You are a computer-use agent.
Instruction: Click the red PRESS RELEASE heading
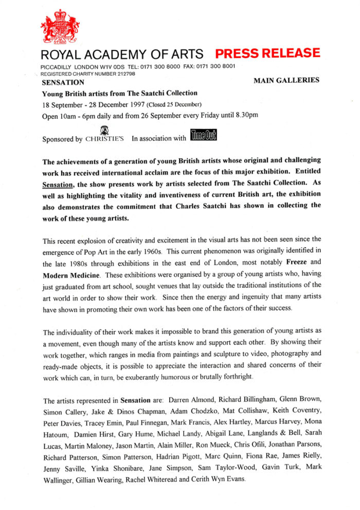point(267,53)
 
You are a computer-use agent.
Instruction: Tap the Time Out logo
point(204,136)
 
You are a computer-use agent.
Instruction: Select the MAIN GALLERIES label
point(286,80)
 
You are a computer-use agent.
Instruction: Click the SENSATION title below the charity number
point(63,82)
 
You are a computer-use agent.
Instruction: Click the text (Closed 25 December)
point(161,105)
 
